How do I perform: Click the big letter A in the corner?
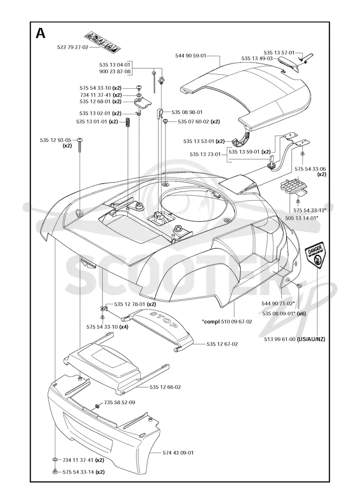pos(40,33)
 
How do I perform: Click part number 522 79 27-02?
pos(72,47)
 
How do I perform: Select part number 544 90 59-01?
pos(191,56)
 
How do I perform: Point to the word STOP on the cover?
pos(164,319)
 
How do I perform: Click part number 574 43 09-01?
pos(178,453)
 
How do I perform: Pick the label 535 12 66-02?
pos(165,387)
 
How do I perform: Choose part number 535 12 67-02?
pos(222,344)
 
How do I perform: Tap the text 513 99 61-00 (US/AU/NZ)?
pos(293,339)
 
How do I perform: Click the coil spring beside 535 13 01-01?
pos(128,122)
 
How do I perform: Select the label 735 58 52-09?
pos(120,402)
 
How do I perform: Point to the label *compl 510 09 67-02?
pos(227,321)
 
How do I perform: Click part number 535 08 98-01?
pos(187,112)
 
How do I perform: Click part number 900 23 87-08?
pos(115,72)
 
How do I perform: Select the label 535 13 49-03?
pos(257,58)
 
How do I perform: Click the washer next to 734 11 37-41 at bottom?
pos(55,460)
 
